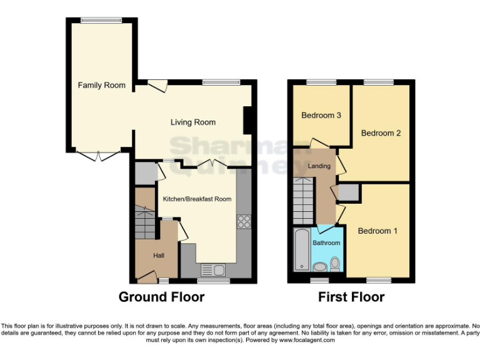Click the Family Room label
pos(101,85)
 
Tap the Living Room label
pos(193,122)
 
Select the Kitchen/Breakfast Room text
pos(197,199)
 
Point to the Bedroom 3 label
pos(321,115)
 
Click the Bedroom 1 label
pos(377,231)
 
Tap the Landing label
pos(319,166)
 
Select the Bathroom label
pos(326,242)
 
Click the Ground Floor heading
pos(161,297)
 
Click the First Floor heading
pos(351,297)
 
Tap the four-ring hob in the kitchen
pos(242,222)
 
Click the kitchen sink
pos(212,270)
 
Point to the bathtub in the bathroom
pos(301,251)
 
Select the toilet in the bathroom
pos(335,264)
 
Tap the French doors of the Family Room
pos(101,155)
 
